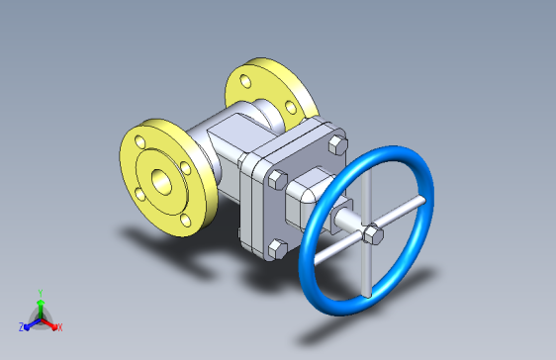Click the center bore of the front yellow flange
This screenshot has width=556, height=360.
(161, 182)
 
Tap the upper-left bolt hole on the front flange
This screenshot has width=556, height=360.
(140, 142)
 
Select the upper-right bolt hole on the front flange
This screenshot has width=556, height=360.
(186, 168)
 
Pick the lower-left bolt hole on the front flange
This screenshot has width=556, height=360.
(140, 194)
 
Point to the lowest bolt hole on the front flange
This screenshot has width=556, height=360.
(185, 221)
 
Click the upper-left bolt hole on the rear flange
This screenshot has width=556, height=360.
(245, 81)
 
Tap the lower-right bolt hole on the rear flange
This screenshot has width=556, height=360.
(291, 108)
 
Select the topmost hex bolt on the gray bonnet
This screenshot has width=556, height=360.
(338, 145)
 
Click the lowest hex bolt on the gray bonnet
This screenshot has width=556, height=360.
(277, 249)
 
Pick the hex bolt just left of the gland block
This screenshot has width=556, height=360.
(277, 180)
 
